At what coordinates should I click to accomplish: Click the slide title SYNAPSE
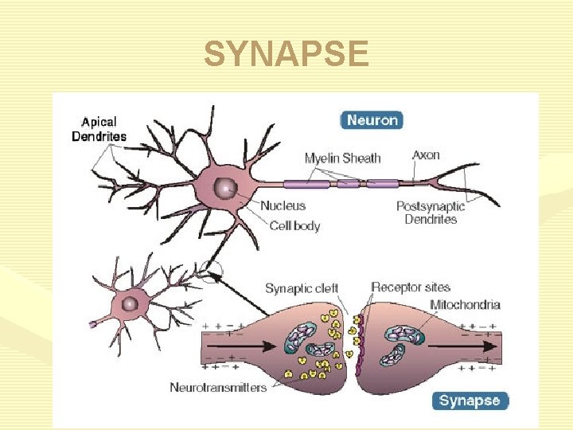tap(286, 55)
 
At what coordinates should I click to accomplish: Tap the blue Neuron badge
tap(372, 120)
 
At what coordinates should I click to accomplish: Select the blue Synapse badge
tap(470, 401)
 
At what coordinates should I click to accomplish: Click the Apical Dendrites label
tap(99, 129)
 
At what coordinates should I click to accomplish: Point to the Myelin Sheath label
tap(342, 158)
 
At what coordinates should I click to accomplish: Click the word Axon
tap(426, 154)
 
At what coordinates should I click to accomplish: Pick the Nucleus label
tap(283, 206)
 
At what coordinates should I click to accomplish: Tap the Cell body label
tap(294, 225)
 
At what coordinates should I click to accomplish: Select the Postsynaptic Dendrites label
tap(431, 213)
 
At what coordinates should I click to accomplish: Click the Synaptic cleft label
tap(301, 288)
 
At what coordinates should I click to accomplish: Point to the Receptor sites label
tap(411, 287)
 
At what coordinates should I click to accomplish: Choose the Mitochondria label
tap(465, 304)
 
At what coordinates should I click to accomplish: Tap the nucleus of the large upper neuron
tap(228, 188)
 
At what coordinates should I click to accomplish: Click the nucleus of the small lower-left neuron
tap(128, 303)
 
